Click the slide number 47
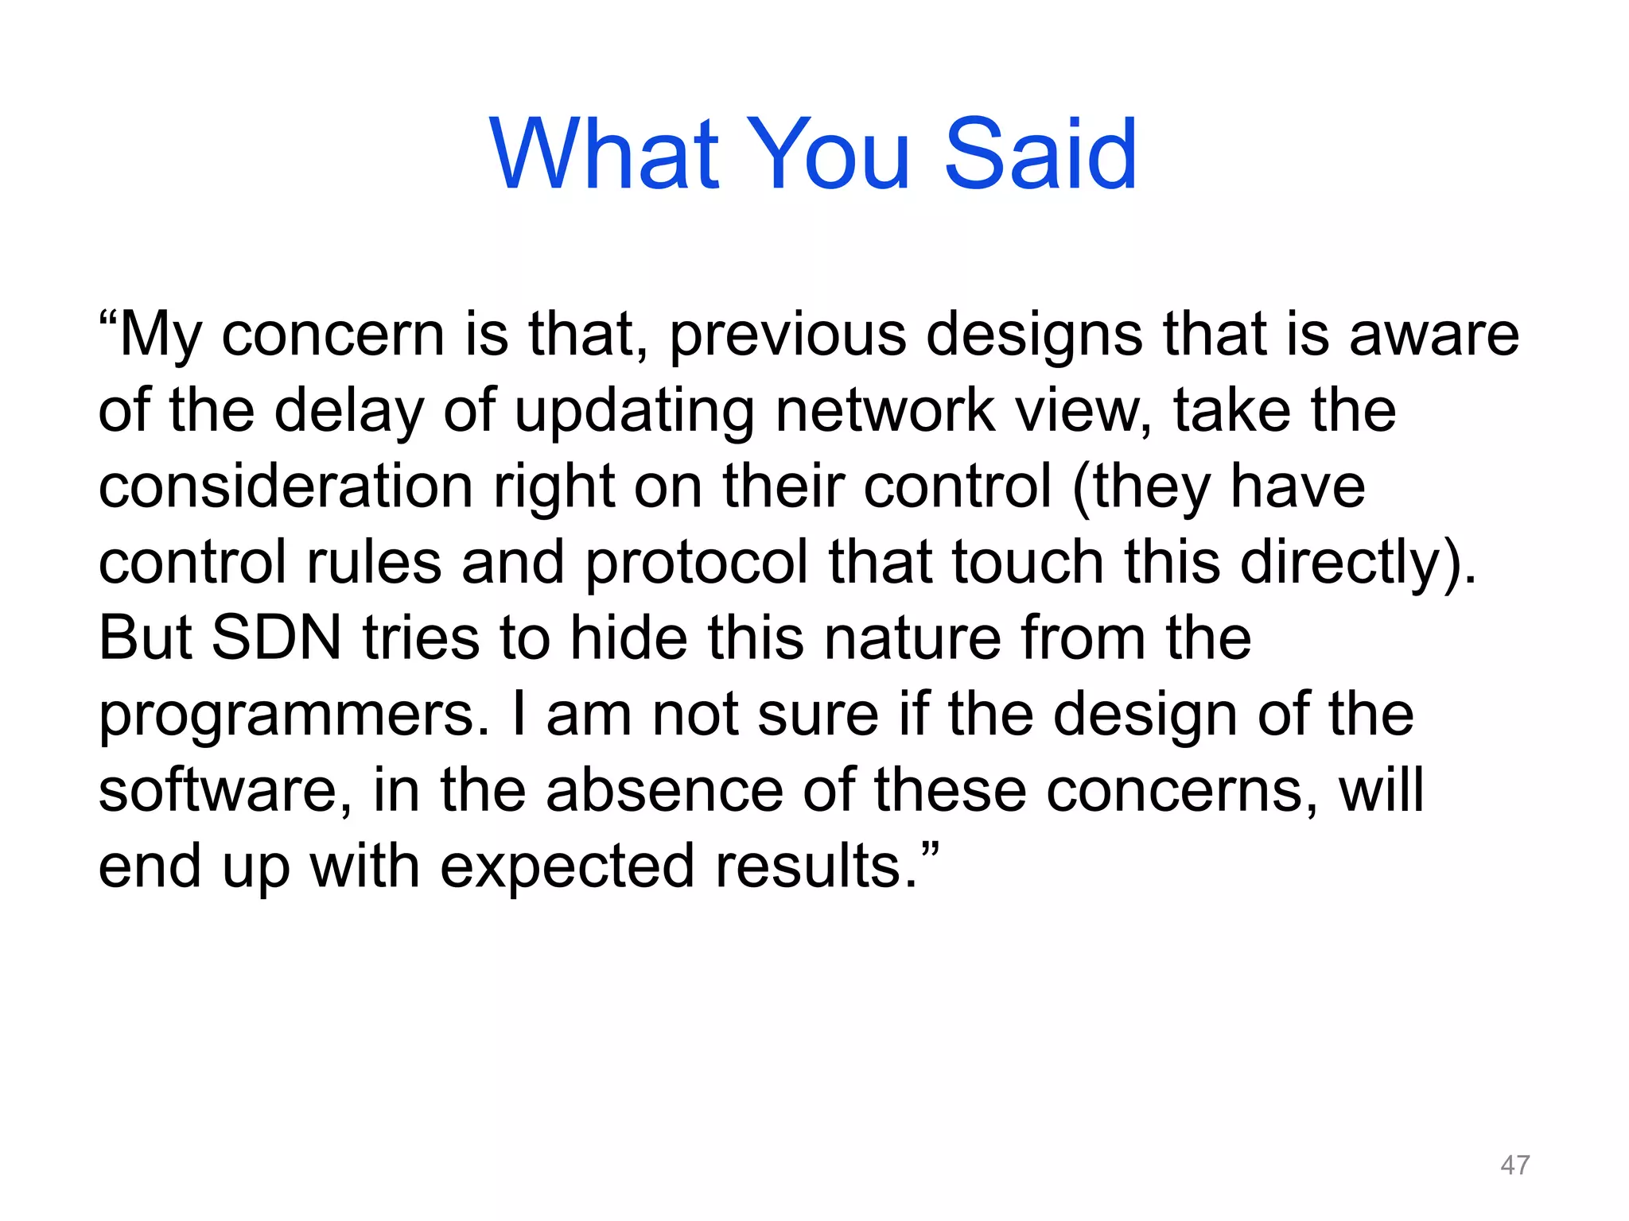click(x=1514, y=1165)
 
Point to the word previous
click(x=787, y=335)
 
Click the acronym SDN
click(x=277, y=638)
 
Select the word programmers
click(x=293, y=715)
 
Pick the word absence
click(x=665, y=791)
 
